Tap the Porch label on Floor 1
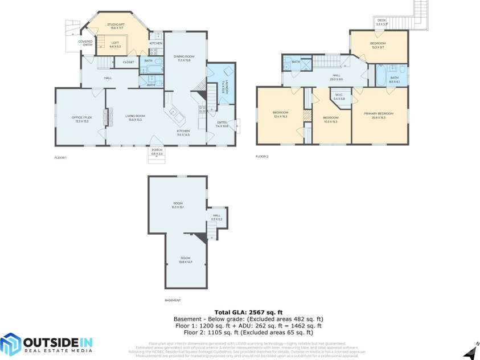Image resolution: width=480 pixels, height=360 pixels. (x=157, y=152)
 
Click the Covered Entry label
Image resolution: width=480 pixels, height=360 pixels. (x=85, y=43)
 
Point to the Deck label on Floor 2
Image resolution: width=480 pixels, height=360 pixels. (x=381, y=22)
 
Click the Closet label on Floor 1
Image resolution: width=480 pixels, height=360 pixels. (x=128, y=62)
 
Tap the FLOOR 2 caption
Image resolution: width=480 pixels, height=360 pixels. (x=262, y=157)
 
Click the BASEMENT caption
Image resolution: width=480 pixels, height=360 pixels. (x=173, y=300)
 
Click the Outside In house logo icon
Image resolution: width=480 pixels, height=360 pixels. (x=10, y=343)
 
